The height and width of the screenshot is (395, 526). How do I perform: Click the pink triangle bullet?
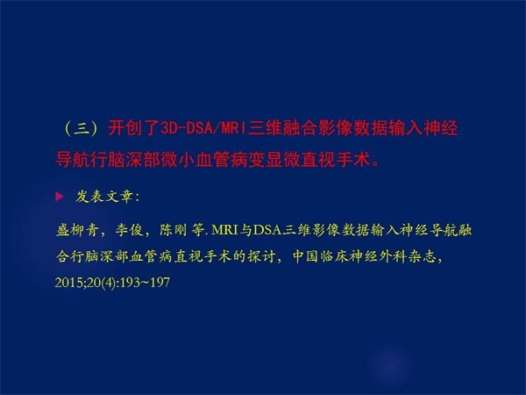60,196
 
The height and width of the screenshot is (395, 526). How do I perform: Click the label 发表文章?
104,197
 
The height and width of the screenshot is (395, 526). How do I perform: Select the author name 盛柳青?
77,230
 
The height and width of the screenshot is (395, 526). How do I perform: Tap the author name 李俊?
129,230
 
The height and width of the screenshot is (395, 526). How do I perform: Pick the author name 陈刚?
173,230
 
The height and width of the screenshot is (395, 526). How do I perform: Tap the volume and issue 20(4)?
101,283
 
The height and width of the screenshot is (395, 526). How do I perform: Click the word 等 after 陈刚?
197,230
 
